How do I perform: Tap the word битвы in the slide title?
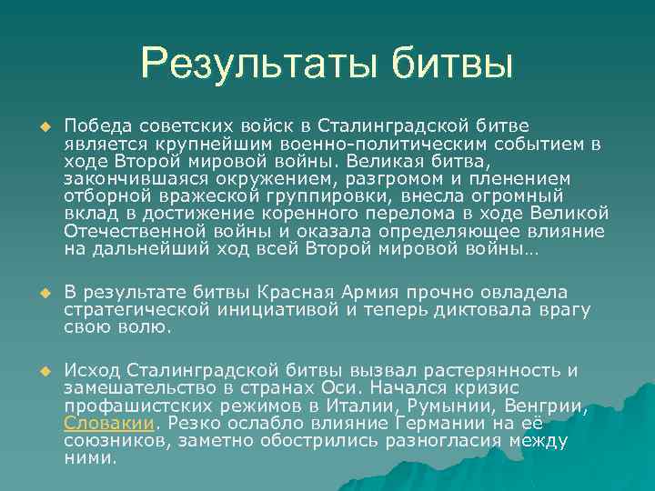pos(453,64)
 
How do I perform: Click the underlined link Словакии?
pos(110,423)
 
